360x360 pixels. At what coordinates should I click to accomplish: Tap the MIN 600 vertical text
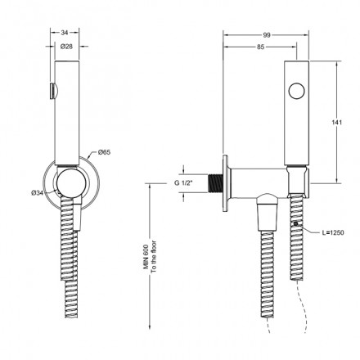[x=142, y=256]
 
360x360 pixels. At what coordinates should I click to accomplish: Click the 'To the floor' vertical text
[x=152, y=255]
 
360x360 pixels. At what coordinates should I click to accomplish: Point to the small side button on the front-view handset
[x=54, y=89]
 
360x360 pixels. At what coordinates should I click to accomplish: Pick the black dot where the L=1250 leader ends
[x=295, y=223]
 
